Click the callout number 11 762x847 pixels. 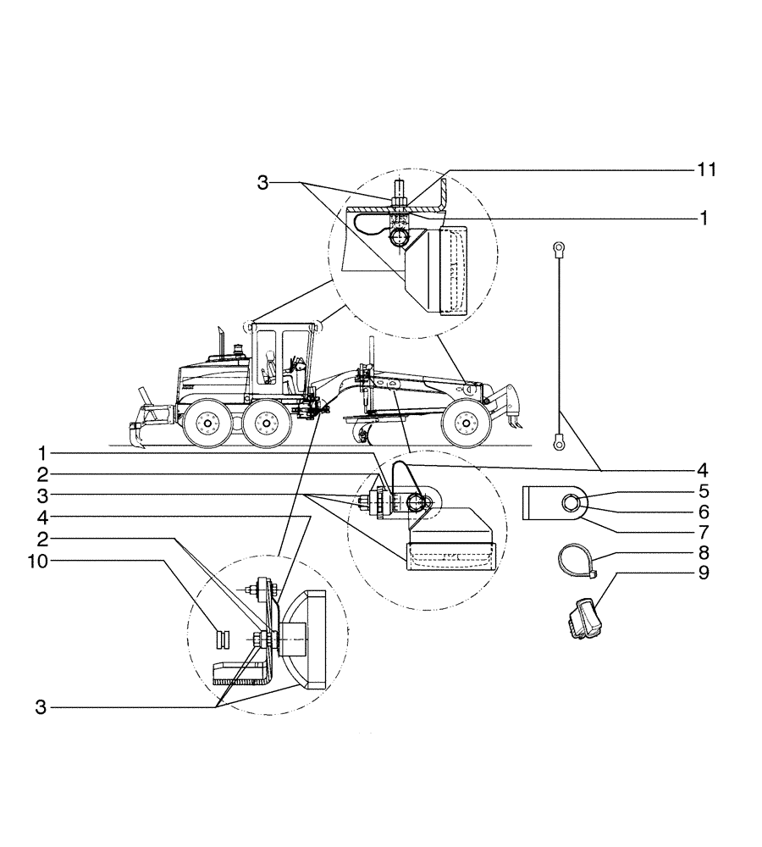click(707, 170)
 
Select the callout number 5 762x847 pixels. click(703, 490)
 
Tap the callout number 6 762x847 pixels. click(703, 512)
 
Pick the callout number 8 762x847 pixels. click(703, 552)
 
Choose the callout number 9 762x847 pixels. click(703, 573)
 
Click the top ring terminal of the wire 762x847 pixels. click(559, 248)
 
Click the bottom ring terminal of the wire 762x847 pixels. click(559, 440)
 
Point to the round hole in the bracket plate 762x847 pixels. click(570, 505)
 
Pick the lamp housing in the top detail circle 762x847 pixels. click(451, 269)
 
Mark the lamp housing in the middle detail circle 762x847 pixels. click(449, 555)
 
